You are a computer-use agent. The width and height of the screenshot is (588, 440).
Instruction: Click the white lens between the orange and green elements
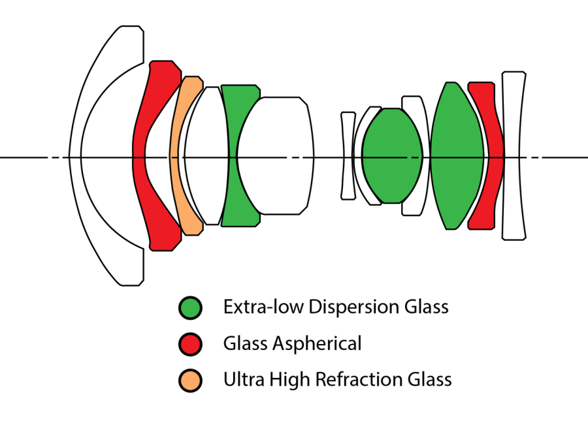[206, 157]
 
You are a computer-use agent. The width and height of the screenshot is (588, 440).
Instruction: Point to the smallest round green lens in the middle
[392, 157]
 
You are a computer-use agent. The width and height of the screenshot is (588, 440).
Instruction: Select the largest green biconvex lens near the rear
[456, 157]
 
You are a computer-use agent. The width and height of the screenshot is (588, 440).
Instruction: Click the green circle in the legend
[190, 307]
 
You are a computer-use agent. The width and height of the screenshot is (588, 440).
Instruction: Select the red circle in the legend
[190, 343]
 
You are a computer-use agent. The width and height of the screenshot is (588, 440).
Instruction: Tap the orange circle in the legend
[190, 379]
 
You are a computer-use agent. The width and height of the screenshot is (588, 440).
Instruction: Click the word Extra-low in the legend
[252, 307]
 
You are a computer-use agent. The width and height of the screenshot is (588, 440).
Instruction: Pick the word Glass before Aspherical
[242, 343]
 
